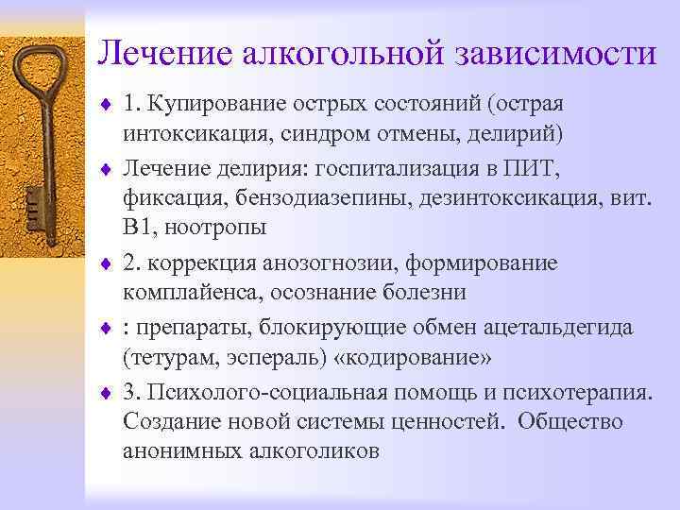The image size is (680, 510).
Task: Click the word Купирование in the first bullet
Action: click(213, 101)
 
